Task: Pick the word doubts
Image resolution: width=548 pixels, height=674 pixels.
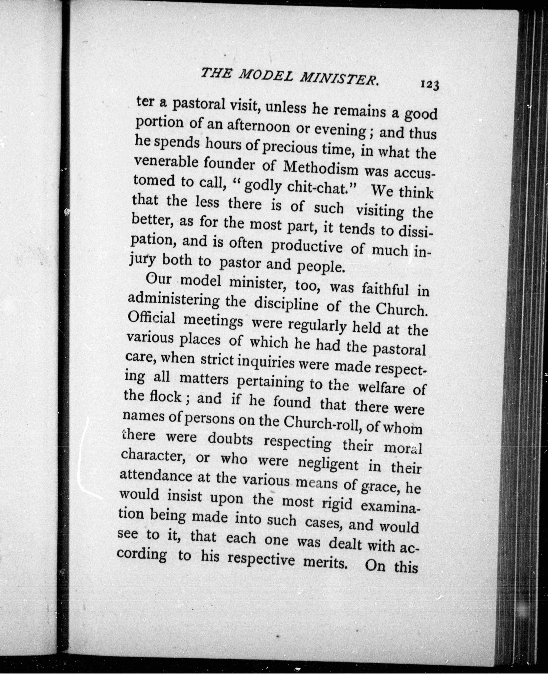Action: point(230,439)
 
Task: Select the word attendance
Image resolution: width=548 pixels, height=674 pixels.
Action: point(156,477)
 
